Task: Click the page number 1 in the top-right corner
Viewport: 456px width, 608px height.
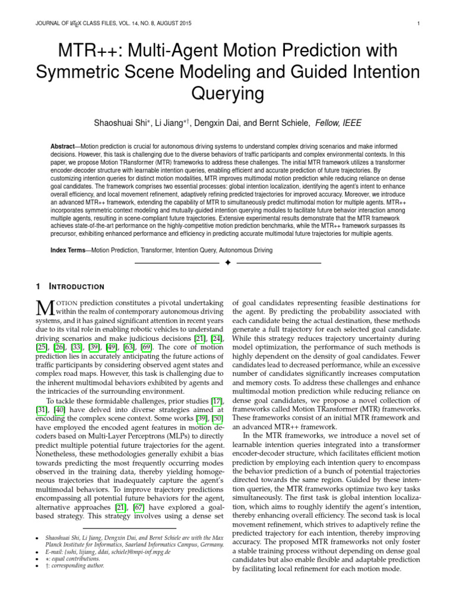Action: tap(419, 24)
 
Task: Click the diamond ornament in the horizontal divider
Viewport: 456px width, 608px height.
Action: tap(227, 262)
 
